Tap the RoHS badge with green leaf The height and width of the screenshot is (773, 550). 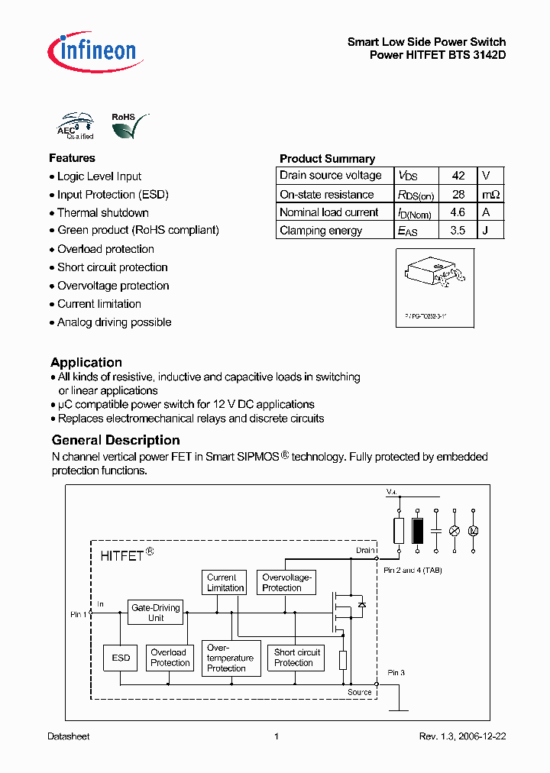coord(127,126)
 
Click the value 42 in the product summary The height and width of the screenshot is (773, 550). coord(458,176)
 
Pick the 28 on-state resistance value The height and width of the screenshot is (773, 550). coord(458,194)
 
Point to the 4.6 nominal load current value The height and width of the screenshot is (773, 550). coord(458,212)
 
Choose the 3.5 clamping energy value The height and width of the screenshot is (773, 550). coord(458,231)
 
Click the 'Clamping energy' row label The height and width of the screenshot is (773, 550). coord(321,231)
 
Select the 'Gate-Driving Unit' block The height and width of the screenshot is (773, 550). coord(156,613)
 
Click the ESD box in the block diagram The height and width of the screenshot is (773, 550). coord(121,658)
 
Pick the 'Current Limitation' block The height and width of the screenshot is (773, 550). coord(225,583)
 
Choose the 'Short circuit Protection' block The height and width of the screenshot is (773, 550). coord(296,658)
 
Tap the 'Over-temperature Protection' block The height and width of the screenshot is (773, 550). coord(229,658)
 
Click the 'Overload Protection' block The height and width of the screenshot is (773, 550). coord(170,658)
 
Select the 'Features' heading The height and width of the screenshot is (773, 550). coord(72,158)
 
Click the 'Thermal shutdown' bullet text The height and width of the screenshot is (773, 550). coord(102,212)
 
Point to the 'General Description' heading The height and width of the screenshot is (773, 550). coord(115,440)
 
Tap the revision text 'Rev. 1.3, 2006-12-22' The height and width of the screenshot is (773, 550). coord(462,736)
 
